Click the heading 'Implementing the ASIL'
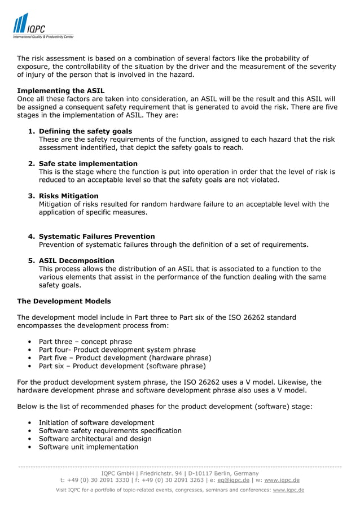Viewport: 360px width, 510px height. point(60,91)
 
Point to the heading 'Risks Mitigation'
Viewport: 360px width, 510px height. point(68,196)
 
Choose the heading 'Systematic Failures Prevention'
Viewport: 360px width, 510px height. point(96,237)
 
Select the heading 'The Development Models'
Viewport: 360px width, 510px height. point(64,301)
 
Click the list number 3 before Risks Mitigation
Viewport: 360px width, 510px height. point(32,196)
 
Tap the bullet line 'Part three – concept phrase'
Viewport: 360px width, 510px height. point(85,342)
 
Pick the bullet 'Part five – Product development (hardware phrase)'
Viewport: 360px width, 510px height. point(125,358)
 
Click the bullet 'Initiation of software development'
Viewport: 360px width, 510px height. point(96,422)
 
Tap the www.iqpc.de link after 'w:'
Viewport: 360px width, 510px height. point(282,481)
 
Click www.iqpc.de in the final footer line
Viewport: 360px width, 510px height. point(288,490)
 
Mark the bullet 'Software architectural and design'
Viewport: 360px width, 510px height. point(95,439)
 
